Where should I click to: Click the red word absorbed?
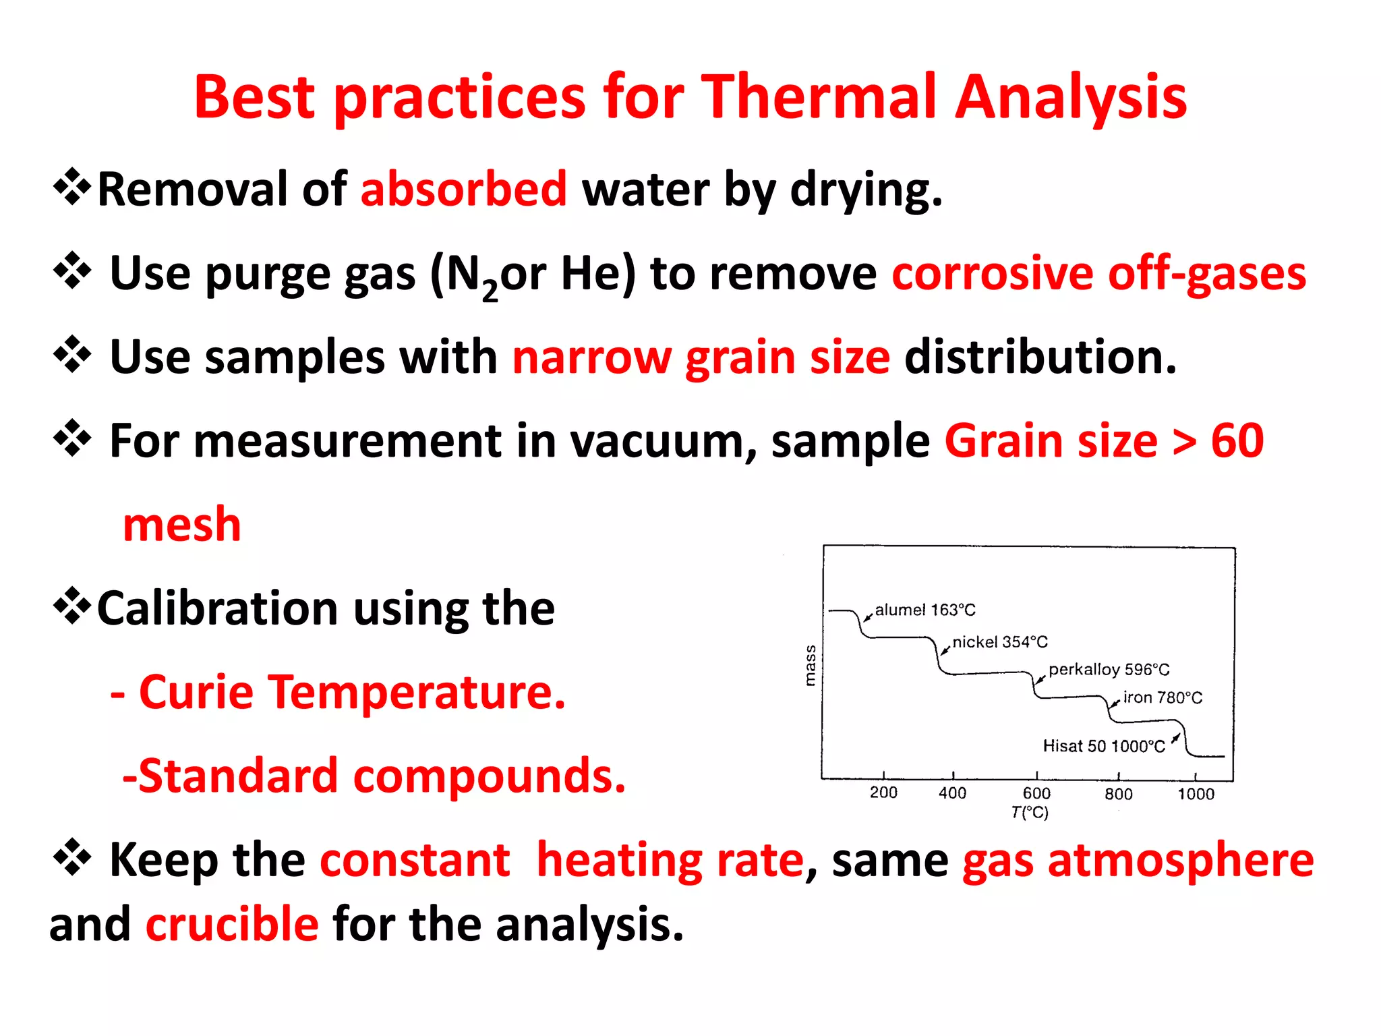[464, 189]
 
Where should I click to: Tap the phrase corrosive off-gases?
[1099, 273]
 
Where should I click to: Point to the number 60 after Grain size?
[1237, 441]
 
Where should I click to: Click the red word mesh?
[182, 525]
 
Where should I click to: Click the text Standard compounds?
[374, 776]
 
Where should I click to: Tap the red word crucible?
[232, 924]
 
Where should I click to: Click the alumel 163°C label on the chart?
[924, 610]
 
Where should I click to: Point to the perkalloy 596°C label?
[1109, 670]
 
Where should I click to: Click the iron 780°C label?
[1163, 698]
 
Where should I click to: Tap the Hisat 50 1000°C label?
[1103, 746]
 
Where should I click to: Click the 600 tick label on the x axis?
[1036, 793]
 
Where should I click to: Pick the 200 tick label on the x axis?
[883, 793]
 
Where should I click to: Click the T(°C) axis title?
[1030, 813]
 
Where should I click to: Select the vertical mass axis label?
[811, 665]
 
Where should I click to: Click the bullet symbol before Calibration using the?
[72, 606]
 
